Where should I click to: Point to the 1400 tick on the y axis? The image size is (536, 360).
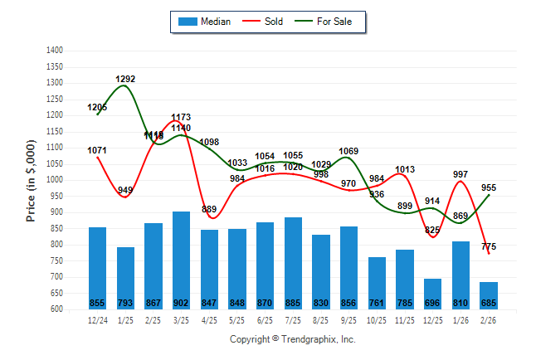55,51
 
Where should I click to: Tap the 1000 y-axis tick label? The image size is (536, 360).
55,180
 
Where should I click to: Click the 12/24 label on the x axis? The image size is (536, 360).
97,319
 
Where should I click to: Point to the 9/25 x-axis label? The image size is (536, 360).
348,319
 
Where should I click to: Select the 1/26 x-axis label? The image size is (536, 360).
460,319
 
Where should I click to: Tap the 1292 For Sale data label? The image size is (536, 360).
125,80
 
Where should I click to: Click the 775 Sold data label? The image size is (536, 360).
489,246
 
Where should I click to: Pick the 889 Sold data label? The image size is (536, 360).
209,209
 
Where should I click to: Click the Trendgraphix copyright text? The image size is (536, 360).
292,339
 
